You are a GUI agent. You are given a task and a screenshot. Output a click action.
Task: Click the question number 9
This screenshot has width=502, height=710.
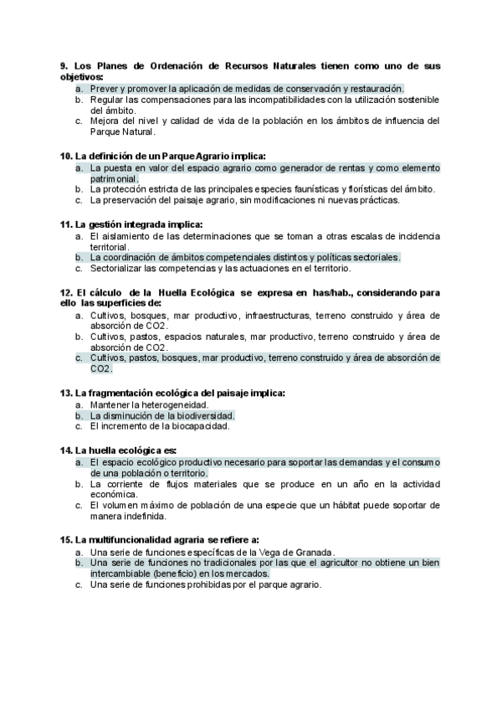pyautogui.click(x=64, y=65)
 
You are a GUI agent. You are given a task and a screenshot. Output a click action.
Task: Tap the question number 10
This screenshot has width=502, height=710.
pyautogui.click(x=66, y=156)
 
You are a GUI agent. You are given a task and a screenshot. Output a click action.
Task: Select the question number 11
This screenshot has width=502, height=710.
pyautogui.click(x=66, y=224)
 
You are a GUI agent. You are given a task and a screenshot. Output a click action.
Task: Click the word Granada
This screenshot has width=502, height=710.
pyautogui.click(x=312, y=552)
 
